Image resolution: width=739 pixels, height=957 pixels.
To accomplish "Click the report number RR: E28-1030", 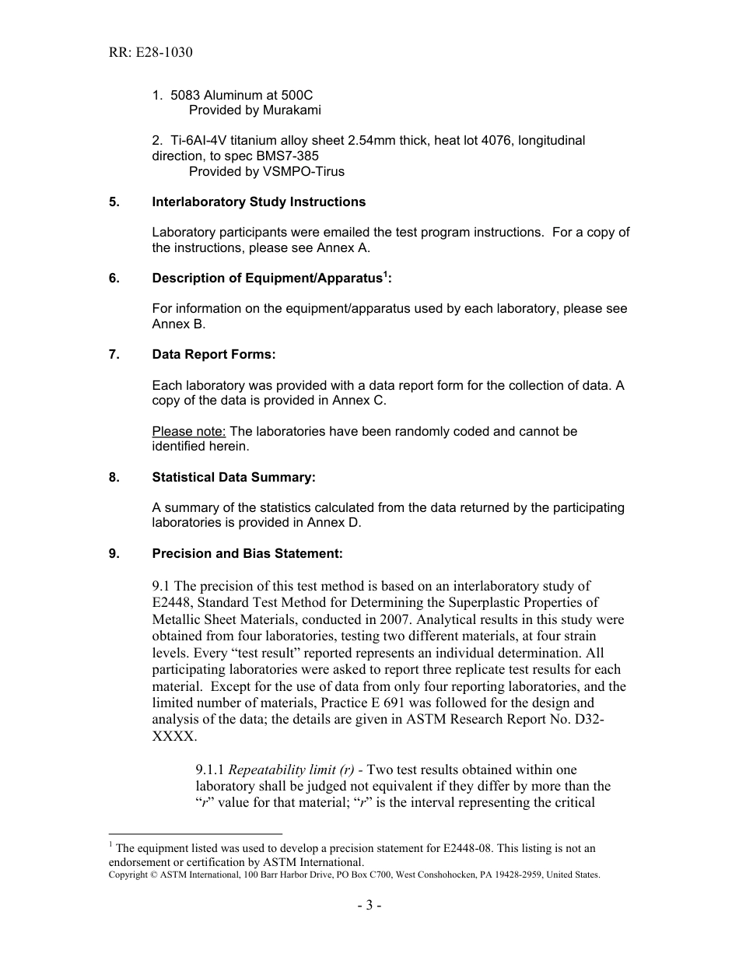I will click(x=150, y=53).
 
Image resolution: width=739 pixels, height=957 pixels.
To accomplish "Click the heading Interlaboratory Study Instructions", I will click(x=258, y=202).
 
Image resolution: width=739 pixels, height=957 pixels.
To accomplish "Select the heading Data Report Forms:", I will click(x=213, y=355).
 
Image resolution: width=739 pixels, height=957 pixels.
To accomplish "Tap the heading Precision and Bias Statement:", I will click(x=247, y=553).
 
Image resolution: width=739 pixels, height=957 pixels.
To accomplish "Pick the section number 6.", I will click(x=114, y=279).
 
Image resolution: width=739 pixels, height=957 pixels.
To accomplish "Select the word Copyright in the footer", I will click(x=128, y=875).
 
